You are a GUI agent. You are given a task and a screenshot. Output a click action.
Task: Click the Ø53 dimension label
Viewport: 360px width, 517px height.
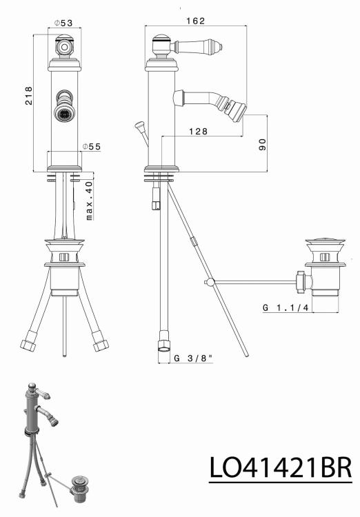coord(63,23)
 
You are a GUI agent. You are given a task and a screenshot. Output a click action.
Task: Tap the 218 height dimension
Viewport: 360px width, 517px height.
coord(29,96)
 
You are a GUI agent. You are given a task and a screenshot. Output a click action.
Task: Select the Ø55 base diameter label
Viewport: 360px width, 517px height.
coord(92,146)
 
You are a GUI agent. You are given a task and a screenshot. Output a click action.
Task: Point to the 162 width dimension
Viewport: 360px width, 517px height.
coord(195,21)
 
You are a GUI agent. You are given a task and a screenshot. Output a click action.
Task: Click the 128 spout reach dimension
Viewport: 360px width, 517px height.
coord(199,131)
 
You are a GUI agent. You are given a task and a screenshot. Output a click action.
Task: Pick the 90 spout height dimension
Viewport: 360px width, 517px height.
coord(262,145)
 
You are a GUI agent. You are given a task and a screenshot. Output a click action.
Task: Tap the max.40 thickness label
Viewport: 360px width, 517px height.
coord(89,201)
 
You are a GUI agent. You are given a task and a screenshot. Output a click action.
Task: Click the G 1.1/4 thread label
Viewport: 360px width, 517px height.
coord(286,307)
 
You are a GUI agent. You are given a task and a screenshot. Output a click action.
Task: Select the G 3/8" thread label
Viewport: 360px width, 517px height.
coord(193,358)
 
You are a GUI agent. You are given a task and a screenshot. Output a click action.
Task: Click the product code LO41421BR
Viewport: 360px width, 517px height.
coord(281,468)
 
